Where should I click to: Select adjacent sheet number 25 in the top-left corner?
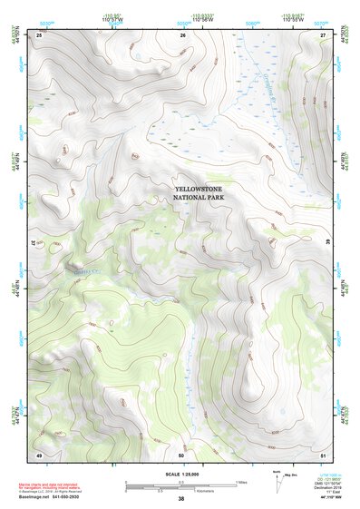pyautogui.click(x=39, y=34)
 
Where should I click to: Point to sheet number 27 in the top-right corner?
pyautogui.click(x=323, y=34)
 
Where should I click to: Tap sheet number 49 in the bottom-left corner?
pyautogui.click(x=39, y=454)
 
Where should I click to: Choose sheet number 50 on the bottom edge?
pyautogui.click(x=181, y=454)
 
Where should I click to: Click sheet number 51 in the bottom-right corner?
pyautogui.click(x=323, y=454)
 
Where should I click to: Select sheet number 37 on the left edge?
pyautogui.click(x=36, y=243)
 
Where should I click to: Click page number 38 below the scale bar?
pyautogui.click(x=181, y=499)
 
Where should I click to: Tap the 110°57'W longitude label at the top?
pyautogui.click(x=112, y=19)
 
